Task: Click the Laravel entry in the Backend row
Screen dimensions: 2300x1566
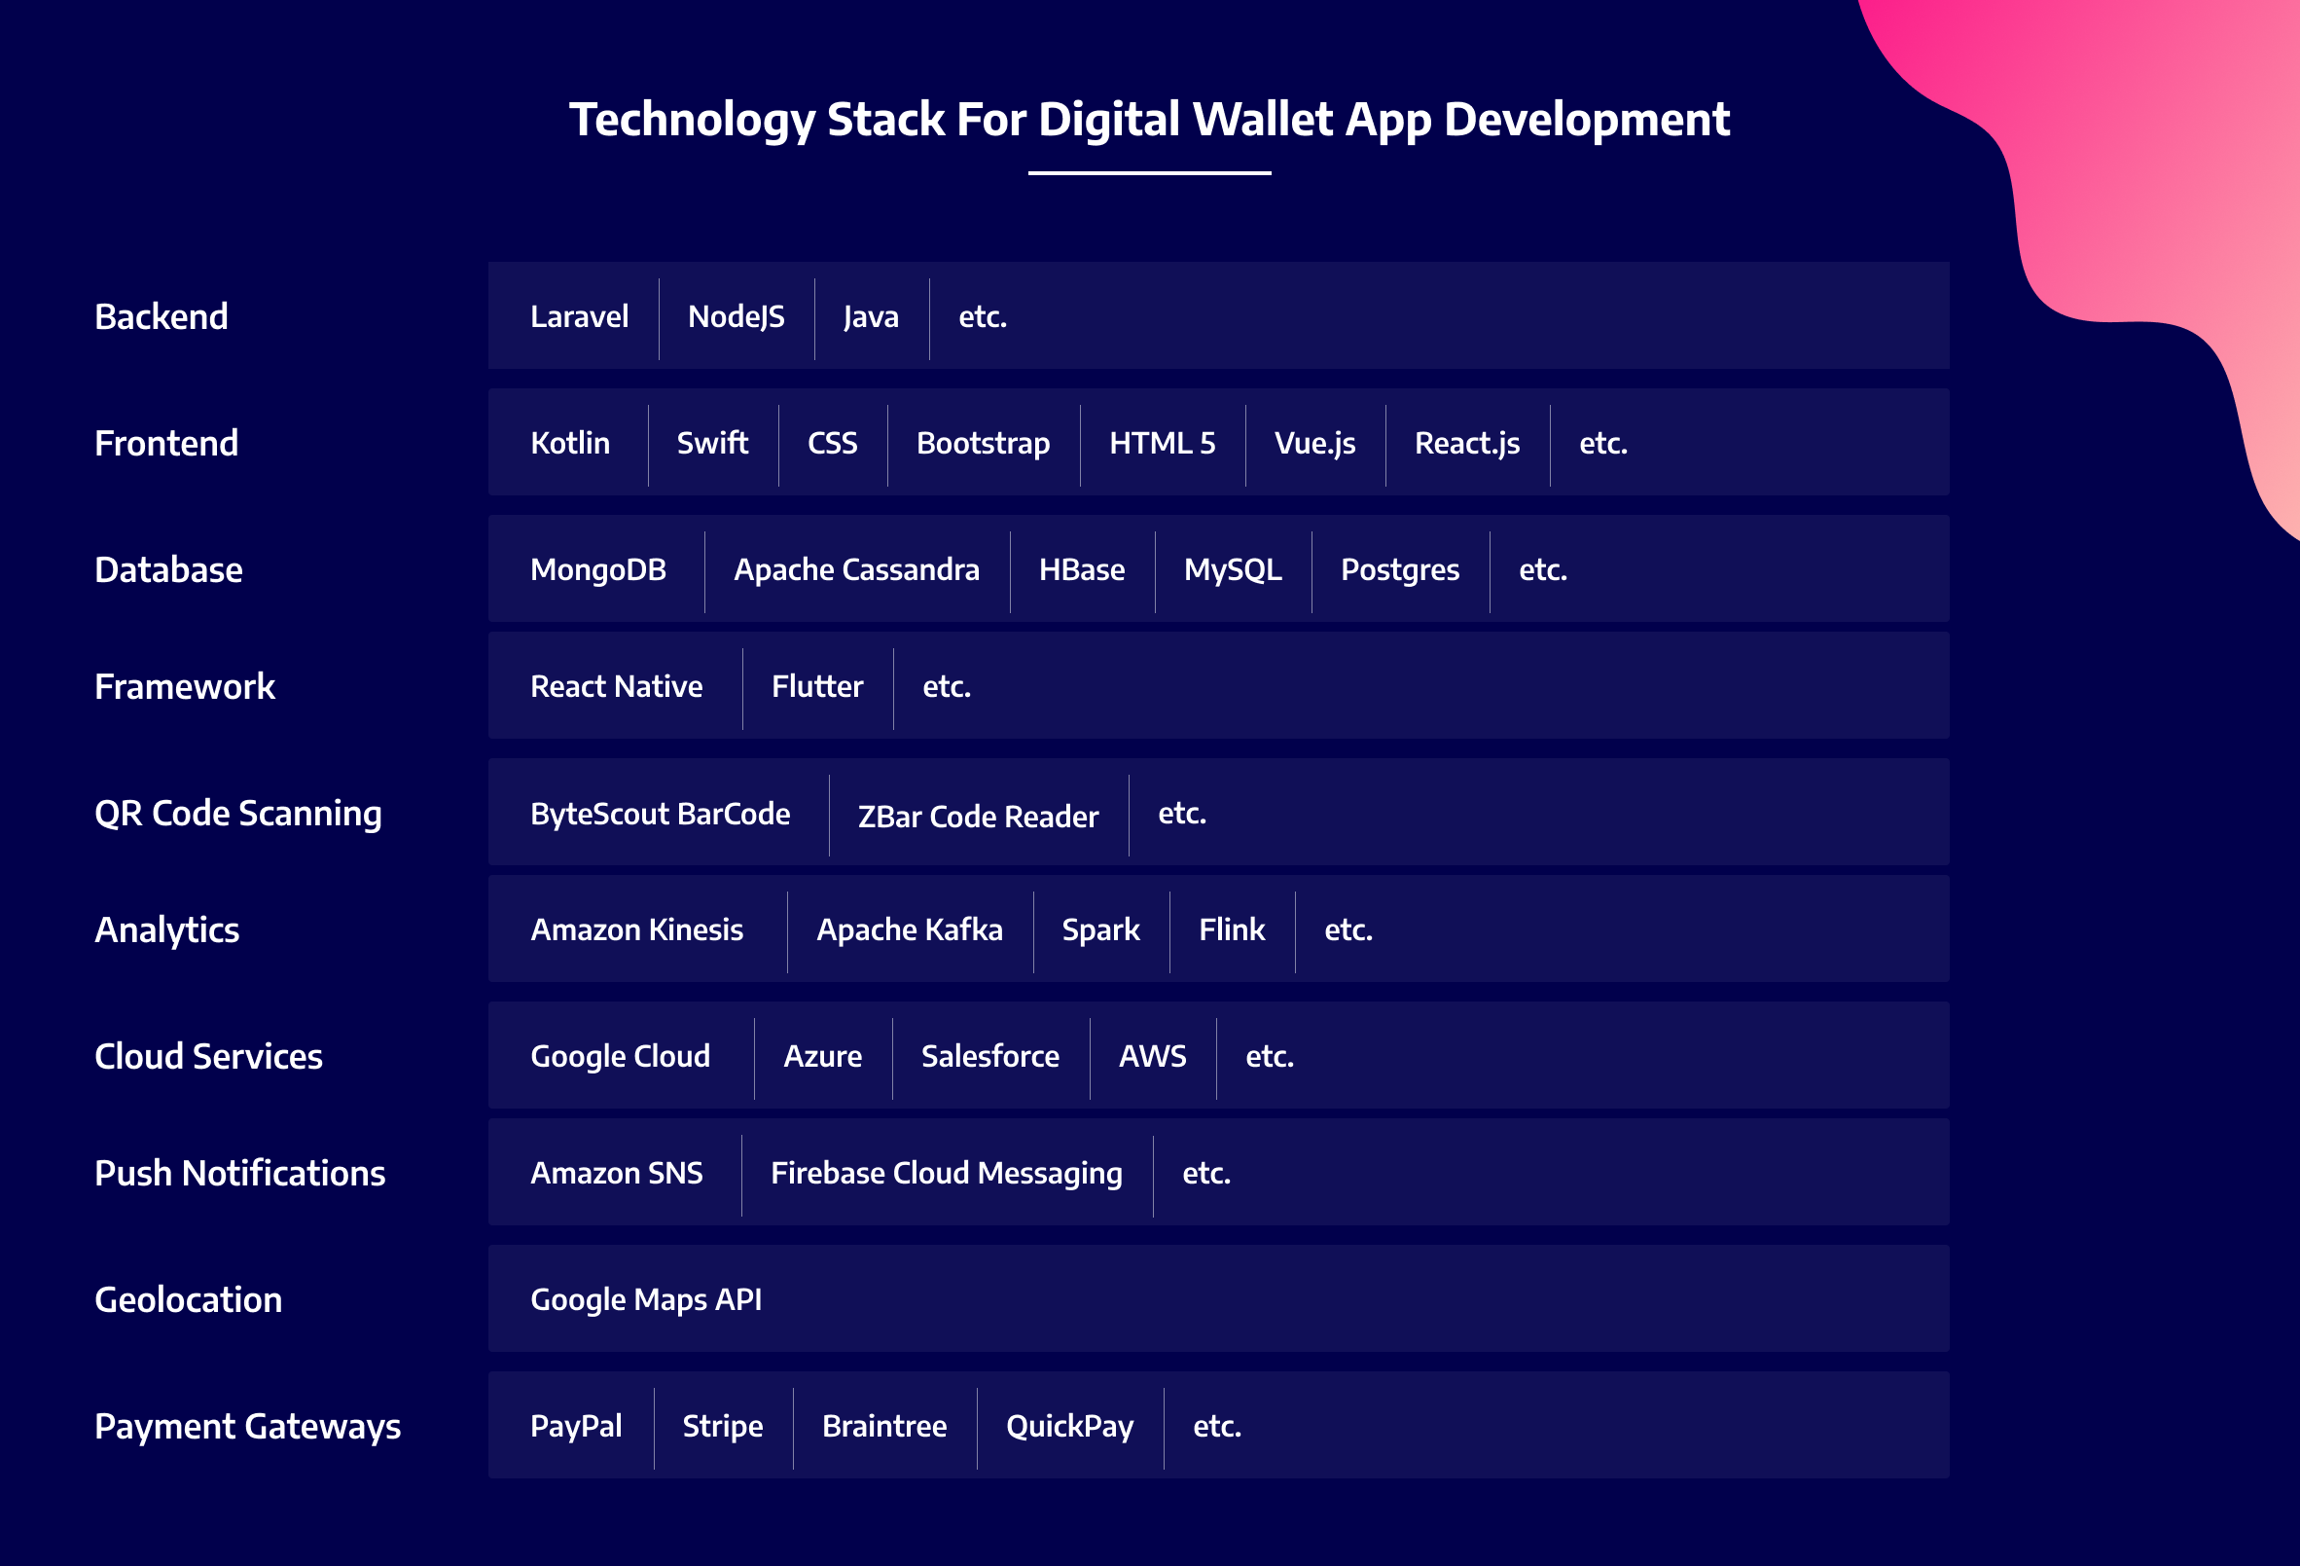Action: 579,316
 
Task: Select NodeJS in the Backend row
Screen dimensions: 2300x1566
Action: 737,316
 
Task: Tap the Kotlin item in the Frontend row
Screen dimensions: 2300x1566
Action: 570,443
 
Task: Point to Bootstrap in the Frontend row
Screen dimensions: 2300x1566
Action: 983,443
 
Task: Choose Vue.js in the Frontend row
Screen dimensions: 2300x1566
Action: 1314,444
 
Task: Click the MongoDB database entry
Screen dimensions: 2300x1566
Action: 597,569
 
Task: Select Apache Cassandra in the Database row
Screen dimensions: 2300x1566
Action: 856,569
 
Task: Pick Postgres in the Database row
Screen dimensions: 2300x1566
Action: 1399,570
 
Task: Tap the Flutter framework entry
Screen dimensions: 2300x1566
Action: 817,686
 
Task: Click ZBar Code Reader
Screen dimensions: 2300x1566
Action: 978,816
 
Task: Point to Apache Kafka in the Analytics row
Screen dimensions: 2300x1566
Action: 910,929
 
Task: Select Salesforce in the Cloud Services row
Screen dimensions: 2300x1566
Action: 989,1056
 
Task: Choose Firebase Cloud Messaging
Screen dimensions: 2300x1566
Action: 946,1173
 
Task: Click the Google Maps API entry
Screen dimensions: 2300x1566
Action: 646,1299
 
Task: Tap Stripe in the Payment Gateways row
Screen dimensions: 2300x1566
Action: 723,1427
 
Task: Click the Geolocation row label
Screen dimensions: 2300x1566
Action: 188,1299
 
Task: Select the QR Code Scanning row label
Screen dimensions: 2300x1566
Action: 237,814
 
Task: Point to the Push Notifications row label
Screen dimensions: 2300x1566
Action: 239,1173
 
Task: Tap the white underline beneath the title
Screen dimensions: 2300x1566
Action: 1149,173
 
